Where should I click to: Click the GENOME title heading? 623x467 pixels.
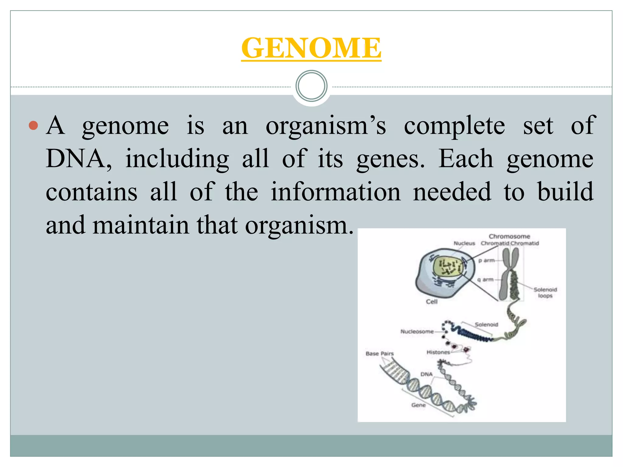[x=311, y=48]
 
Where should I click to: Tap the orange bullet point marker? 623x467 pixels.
[x=33, y=125]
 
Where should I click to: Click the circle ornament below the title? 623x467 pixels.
[x=311, y=86]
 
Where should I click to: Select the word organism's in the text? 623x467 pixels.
[x=326, y=126]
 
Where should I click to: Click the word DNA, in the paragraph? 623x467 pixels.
[x=78, y=159]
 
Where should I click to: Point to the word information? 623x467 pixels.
[x=336, y=192]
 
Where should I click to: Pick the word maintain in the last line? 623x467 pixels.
[x=141, y=225]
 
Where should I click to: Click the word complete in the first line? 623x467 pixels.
[x=454, y=126]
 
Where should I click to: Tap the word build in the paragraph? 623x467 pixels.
[x=565, y=192]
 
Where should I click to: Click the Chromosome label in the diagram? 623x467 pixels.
[x=509, y=236]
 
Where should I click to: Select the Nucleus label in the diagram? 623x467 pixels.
[x=464, y=243]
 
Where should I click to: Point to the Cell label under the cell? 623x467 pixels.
[x=431, y=302]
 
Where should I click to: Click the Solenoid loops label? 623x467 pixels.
[x=545, y=292]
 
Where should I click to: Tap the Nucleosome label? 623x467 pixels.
[x=417, y=331]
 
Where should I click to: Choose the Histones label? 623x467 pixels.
[x=438, y=352]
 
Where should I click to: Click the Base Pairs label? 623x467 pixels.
[x=379, y=354]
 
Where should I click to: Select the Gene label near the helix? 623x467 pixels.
[x=418, y=405]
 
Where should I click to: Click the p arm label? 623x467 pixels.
[x=486, y=260]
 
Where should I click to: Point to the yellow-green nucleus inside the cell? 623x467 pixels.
[x=447, y=267]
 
